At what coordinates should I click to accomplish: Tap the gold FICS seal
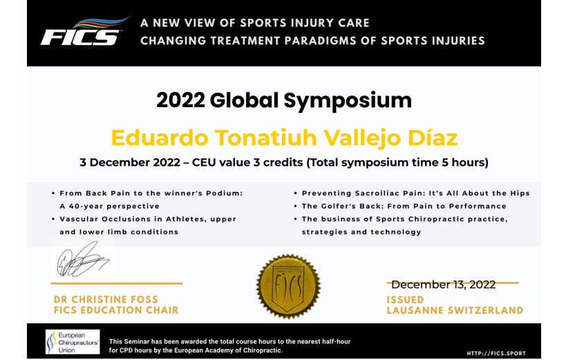click(288, 287)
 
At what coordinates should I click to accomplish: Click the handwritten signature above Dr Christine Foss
click(83, 260)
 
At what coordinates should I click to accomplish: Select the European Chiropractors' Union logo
click(73, 341)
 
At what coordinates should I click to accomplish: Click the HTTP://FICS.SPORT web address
click(496, 353)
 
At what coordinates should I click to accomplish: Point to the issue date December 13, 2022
click(443, 285)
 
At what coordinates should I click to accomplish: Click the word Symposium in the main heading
click(348, 101)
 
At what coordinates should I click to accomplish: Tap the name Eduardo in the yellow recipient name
click(160, 138)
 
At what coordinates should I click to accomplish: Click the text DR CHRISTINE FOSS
click(106, 299)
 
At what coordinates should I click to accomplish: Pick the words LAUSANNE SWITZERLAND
click(455, 310)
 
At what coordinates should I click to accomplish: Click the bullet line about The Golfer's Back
click(404, 206)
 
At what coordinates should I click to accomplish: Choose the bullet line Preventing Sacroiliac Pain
click(415, 193)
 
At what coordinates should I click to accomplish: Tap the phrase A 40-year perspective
click(109, 206)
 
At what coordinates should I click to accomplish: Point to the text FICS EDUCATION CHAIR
click(116, 310)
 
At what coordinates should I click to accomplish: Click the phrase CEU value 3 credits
click(247, 162)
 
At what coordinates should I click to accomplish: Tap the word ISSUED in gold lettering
click(405, 300)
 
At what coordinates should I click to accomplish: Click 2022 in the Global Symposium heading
click(181, 100)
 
